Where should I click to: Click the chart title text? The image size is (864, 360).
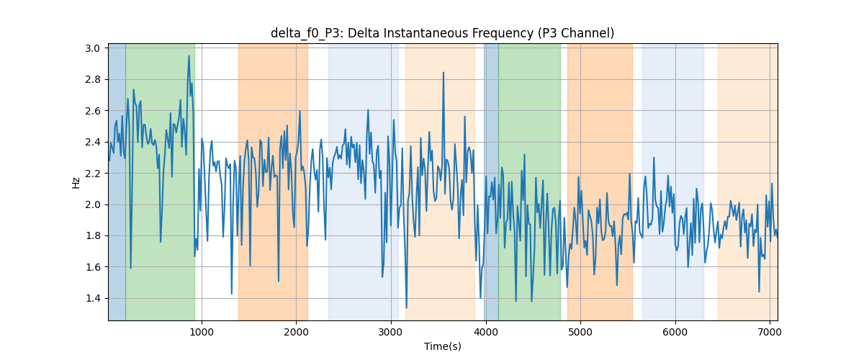tap(442, 33)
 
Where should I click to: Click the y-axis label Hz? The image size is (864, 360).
tap(76, 182)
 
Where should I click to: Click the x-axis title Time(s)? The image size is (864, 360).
tap(442, 346)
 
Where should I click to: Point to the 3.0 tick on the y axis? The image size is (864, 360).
tap(93, 48)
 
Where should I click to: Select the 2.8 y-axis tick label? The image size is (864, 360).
tap(93, 79)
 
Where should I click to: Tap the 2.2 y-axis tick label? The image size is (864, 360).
tap(93, 174)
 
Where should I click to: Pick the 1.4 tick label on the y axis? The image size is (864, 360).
tap(93, 298)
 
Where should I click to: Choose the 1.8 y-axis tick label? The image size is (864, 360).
tap(93, 235)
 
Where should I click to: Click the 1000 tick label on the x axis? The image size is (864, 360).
tap(202, 332)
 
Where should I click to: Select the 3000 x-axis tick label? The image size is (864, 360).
tap(391, 332)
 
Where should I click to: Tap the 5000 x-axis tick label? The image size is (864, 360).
tap(580, 332)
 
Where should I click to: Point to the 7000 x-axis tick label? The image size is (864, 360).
tap(770, 332)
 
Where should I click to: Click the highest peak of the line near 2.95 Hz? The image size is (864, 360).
tap(189, 56)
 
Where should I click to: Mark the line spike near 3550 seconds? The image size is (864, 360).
tap(444, 73)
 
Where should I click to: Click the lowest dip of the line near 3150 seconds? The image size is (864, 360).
tap(407, 307)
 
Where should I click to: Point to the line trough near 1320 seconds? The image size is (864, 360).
tap(231, 294)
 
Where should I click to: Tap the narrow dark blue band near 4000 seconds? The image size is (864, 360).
tap(491, 181)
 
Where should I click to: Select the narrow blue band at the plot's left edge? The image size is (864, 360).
tap(117, 181)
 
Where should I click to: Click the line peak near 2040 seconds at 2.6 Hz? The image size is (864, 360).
tap(300, 111)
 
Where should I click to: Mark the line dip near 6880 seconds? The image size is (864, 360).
tap(759, 292)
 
